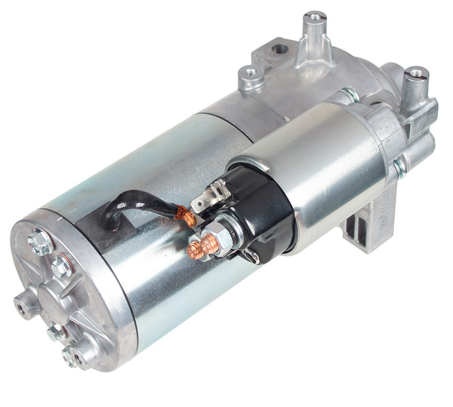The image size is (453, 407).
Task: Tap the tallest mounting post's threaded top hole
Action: [x=314, y=16]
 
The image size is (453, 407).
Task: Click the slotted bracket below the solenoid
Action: [x=362, y=227]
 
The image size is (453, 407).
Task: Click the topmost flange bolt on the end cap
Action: [x=37, y=242]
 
